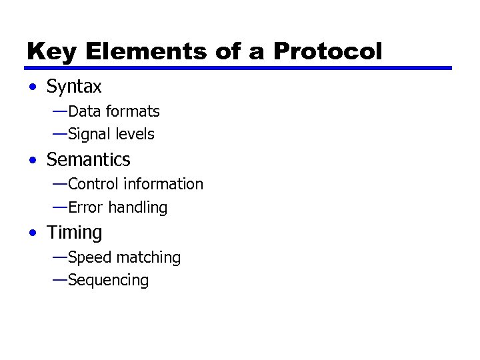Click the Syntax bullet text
tap(74, 87)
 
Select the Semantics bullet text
tap(88, 160)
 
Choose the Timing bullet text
tap(74, 233)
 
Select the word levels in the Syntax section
tap(135, 134)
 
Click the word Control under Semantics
tap(92, 184)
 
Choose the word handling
tap(137, 207)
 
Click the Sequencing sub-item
tap(108, 280)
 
